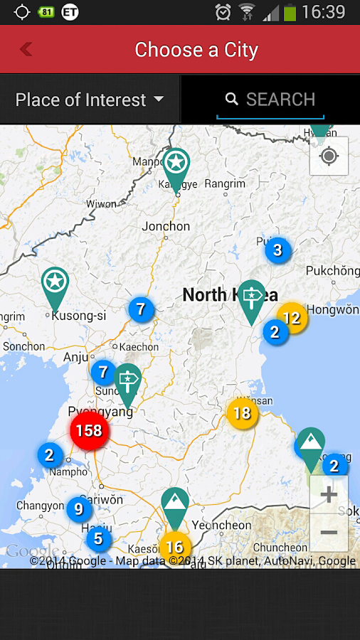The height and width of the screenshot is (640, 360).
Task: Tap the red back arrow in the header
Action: tap(26, 49)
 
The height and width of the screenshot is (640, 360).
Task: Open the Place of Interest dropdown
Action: tap(90, 100)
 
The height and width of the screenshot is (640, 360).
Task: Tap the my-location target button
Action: tap(329, 156)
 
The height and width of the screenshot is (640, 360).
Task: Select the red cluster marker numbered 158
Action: tap(89, 431)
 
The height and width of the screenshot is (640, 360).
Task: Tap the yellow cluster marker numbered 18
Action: tap(242, 412)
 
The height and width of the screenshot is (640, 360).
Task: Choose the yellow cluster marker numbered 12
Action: tap(292, 318)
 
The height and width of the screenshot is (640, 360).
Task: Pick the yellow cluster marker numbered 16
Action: tap(174, 547)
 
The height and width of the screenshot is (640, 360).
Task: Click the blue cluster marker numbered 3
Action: tap(277, 250)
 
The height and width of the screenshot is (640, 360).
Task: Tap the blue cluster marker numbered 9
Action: tap(78, 509)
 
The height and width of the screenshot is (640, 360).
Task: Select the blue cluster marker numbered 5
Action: tap(98, 539)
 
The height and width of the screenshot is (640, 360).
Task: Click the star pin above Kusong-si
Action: tap(54, 283)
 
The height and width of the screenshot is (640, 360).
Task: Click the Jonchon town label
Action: tap(166, 226)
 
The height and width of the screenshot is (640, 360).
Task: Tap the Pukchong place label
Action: tap(332, 271)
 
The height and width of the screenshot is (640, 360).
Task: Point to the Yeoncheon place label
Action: tap(221, 526)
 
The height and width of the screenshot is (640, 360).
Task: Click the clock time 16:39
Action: tap(324, 12)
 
